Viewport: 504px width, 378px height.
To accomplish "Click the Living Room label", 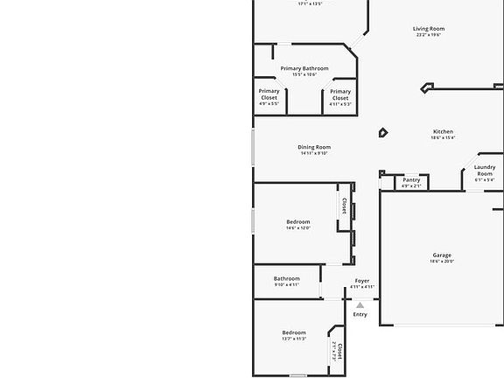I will tap(429, 29).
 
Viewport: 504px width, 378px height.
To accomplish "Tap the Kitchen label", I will tap(443, 131).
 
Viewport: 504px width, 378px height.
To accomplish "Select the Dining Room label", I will tap(314, 147).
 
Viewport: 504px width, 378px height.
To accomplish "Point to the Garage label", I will tap(442, 255).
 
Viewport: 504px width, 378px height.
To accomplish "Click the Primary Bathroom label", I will tap(304, 68).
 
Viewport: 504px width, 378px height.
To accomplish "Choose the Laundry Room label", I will tap(485, 171).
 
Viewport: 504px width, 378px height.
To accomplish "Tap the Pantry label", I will tap(411, 180).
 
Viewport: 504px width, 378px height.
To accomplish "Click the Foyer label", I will tap(362, 281).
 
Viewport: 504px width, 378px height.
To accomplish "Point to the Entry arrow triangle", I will tap(360, 304).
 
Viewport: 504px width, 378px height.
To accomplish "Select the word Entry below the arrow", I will tap(360, 314).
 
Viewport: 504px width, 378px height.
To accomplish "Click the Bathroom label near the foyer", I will tap(286, 279).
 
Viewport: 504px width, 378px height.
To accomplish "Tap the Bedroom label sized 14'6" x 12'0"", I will tap(297, 222).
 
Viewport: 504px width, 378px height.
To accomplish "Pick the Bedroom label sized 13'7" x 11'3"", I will tap(294, 332).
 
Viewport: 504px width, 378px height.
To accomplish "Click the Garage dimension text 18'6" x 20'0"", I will tap(442, 262).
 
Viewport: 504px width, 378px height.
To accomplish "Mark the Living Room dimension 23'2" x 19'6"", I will tap(429, 35).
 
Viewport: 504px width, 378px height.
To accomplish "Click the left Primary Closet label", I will tap(269, 94).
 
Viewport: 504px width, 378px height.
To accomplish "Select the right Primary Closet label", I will tap(340, 94).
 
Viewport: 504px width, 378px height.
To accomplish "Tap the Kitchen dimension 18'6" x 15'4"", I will tap(443, 137).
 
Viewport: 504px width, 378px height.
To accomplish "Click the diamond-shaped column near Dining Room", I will tap(383, 133).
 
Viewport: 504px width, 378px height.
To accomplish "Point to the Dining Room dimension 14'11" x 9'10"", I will tap(314, 153).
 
